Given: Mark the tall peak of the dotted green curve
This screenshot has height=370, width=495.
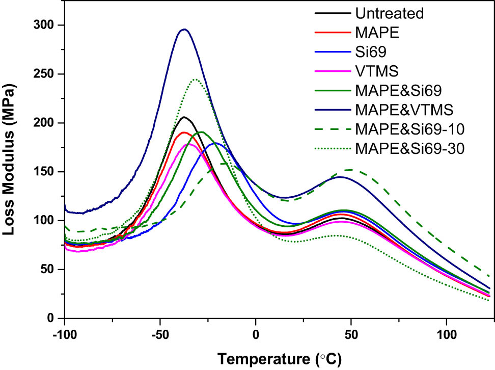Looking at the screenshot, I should click(x=195, y=79).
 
